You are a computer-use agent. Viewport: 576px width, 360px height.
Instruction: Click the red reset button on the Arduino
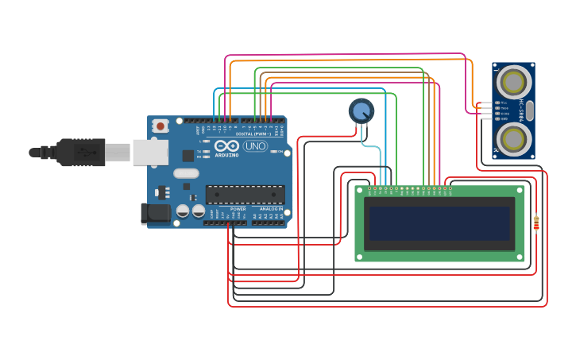pos(160,126)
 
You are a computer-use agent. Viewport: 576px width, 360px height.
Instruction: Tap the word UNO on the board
pos(255,146)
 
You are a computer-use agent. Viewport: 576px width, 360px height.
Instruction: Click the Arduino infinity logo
pos(226,146)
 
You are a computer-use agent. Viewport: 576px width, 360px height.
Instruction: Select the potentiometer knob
pos(361,110)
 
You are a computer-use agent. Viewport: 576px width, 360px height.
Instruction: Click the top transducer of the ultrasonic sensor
pos(513,81)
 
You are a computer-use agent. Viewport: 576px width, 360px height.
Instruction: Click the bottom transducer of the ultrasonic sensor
pos(513,138)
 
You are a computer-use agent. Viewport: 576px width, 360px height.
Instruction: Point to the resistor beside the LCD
pos(535,223)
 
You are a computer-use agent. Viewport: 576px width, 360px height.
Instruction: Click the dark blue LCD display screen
pos(439,223)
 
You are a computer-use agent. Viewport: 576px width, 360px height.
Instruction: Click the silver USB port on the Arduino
pos(150,152)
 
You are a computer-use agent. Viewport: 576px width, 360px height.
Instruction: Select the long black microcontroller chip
pos(245,194)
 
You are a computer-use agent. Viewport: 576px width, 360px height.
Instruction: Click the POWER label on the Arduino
pos(238,209)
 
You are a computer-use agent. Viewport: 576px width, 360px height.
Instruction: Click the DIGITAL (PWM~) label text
pos(253,134)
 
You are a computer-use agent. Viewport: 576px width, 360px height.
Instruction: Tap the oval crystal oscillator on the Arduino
pos(186,173)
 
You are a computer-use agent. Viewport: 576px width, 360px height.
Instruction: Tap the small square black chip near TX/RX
pos(188,156)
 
